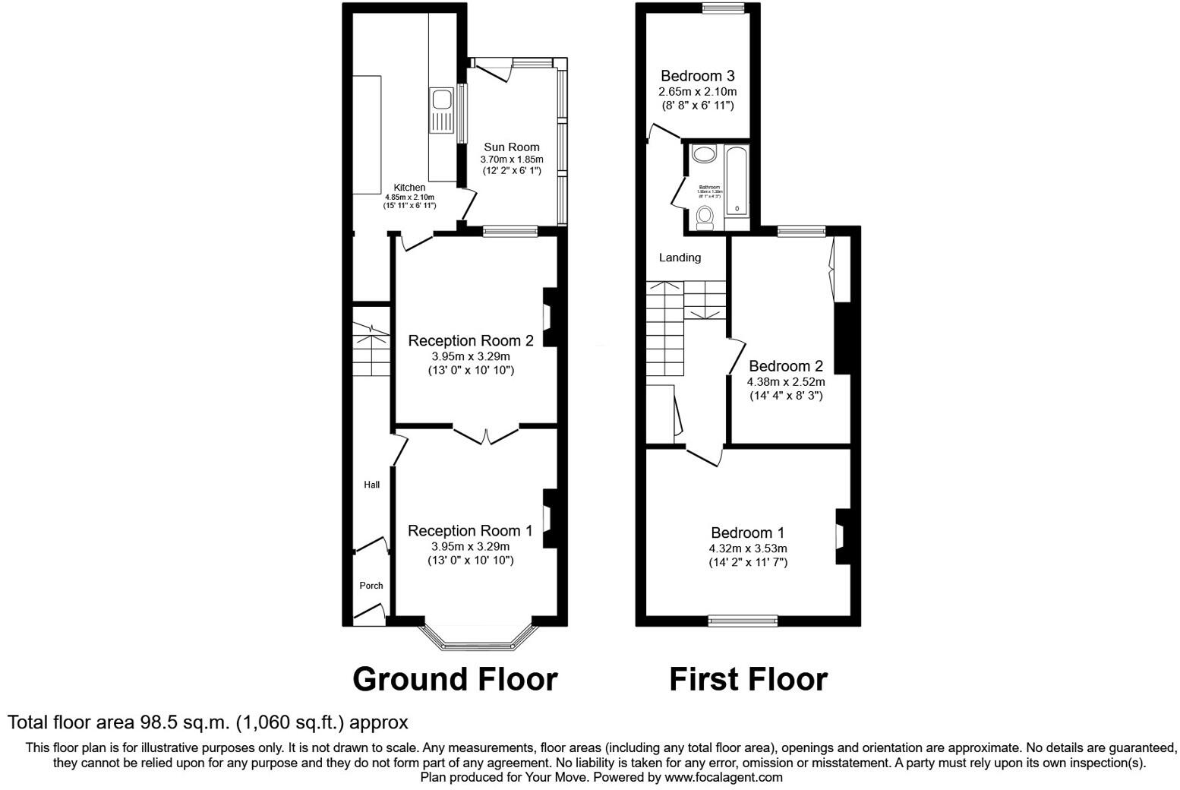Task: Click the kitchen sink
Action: point(440,110)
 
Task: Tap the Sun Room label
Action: point(512,147)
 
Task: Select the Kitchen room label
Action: point(409,188)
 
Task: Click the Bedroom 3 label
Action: point(697,76)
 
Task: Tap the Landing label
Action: point(680,258)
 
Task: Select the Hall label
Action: point(371,485)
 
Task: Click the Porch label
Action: point(371,586)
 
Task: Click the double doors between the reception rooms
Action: point(486,434)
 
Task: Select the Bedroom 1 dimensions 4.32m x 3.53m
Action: point(747,548)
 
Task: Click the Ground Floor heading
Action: point(455,679)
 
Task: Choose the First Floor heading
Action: point(747,679)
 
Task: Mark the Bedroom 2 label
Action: point(785,366)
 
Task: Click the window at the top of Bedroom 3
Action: point(723,8)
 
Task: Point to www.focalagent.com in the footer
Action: point(723,777)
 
